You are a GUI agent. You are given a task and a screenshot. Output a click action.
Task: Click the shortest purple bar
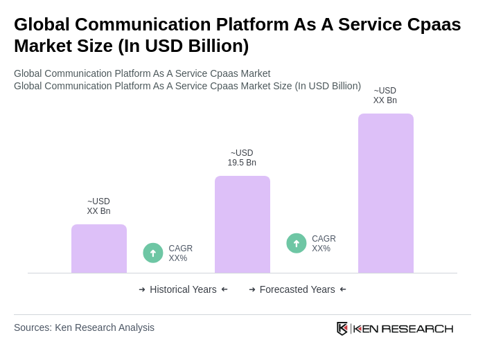click(99, 249)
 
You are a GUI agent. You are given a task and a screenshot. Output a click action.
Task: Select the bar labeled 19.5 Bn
click(242, 224)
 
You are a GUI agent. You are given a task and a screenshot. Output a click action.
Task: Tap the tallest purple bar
click(386, 193)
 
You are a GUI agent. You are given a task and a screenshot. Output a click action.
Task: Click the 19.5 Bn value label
click(242, 158)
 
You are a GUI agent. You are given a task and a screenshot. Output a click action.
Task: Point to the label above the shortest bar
click(98, 206)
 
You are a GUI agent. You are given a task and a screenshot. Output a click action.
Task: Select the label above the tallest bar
click(385, 96)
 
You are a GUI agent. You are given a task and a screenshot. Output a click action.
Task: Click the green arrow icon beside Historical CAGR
click(153, 253)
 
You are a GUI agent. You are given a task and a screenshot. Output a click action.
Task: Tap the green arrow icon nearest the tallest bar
click(297, 244)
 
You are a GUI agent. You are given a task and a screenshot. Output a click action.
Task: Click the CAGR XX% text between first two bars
click(180, 253)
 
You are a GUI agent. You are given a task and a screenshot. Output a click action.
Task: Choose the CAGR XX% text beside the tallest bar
click(324, 244)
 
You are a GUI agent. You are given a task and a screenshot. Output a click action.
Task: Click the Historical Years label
click(183, 289)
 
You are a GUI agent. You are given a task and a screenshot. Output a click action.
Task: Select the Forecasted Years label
click(297, 289)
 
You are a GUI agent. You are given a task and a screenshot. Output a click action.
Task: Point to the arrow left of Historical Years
click(142, 289)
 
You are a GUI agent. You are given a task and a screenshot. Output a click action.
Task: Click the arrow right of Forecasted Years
click(343, 289)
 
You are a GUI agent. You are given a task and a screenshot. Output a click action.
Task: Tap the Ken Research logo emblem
click(342, 328)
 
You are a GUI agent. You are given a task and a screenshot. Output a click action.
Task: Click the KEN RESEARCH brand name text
click(403, 328)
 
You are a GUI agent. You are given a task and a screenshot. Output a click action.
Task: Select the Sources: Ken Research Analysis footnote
click(84, 327)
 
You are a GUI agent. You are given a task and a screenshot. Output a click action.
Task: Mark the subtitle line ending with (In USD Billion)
click(187, 86)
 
